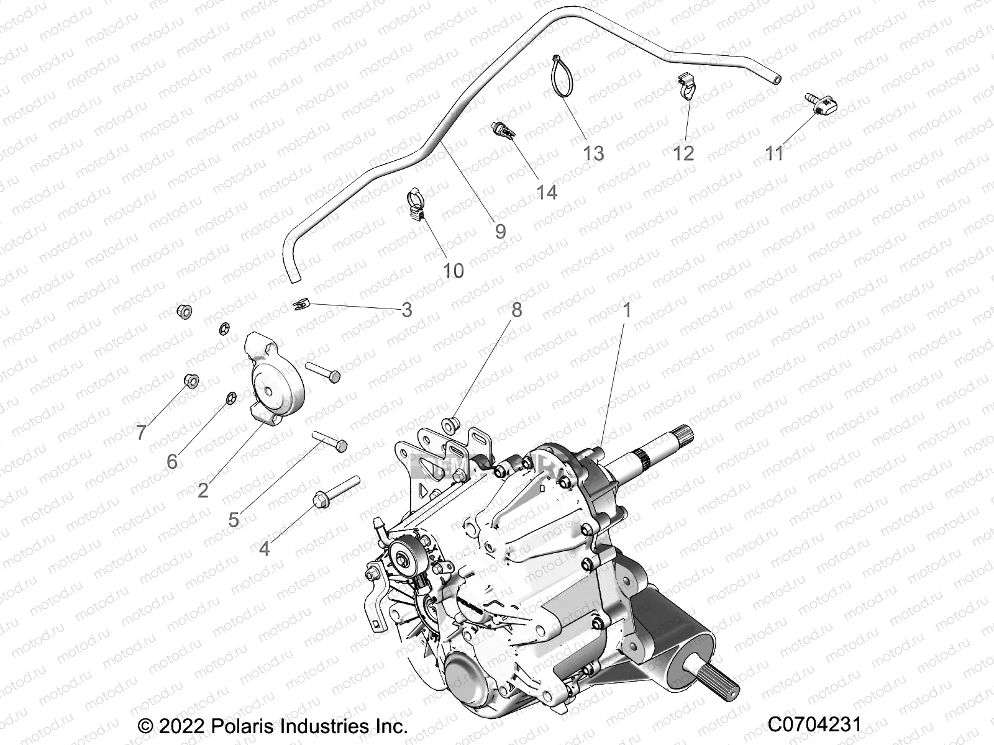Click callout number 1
pyautogui.click(x=627, y=309)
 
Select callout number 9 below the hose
pyautogui.click(x=500, y=232)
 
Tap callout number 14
pyautogui.click(x=547, y=192)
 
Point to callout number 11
pyautogui.click(x=774, y=153)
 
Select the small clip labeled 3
pyautogui.click(x=300, y=305)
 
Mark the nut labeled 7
pyautogui.click(x=191, y=381)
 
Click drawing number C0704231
pyautogui.click(x=814, y=725)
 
